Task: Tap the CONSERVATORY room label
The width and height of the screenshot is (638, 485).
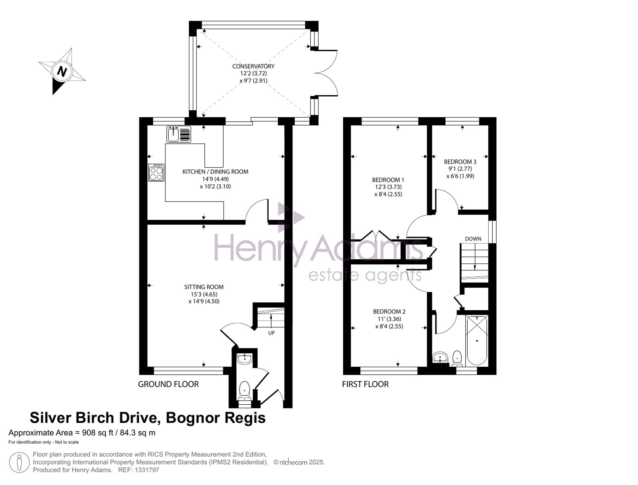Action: [x=253, y=66]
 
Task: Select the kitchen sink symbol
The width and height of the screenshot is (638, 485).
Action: [x=179, y=134]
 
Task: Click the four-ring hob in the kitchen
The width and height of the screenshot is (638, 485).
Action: [x=156, y=173]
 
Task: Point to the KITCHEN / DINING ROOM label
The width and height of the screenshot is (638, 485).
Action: [x=215, y=172]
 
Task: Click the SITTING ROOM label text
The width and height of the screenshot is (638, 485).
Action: [x=204, y=287]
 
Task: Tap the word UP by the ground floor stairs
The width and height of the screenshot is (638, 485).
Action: [x=271, y=333]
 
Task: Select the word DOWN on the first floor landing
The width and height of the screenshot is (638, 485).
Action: [x=473, y=239]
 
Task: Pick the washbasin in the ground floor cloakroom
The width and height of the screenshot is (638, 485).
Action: [x=245, y=359]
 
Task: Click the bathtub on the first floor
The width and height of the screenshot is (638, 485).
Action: [x=477, y=340]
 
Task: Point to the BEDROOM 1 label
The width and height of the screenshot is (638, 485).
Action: [x=388, y=180]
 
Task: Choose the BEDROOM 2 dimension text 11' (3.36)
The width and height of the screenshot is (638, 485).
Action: [x=389, y=319]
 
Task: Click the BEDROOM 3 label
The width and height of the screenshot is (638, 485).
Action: [x=460, y=162]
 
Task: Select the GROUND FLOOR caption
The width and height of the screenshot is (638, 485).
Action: [x=168, y=384]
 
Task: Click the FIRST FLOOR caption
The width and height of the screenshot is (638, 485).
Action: [x=365, y=384]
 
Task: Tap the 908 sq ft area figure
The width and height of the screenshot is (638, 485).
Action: [x=96, y=433]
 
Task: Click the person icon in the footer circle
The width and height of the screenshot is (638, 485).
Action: [x=19, y=462]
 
